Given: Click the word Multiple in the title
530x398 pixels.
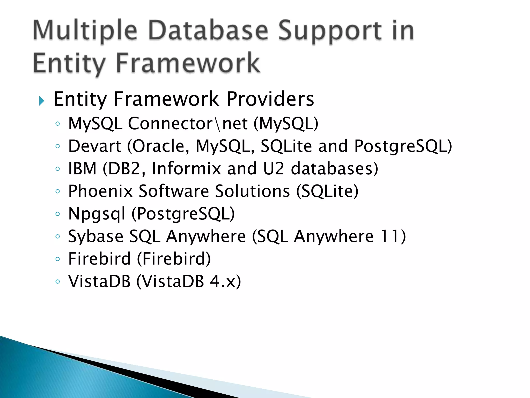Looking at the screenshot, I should pyautogui.click(x=85, y=32).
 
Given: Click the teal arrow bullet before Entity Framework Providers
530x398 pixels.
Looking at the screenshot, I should pyautogui.click(x=41, y=101).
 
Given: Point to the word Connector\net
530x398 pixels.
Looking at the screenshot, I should pyautogui.click(x=188, y=123).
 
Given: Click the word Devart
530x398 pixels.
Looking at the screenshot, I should pyautogui.click(x=94, y=146).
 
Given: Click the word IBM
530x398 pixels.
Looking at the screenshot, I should pyautogui.click(x=82, y=168).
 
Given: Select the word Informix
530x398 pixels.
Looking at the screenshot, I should pyautogui.click(x=186, y=168).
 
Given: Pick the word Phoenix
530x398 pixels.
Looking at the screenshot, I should pyautogui.click(x=100, y=191).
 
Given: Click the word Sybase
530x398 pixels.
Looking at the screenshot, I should pyautogui.click(x=95, y=237).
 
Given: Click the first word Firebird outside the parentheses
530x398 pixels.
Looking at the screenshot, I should pyautogui.click(x=99, y=259).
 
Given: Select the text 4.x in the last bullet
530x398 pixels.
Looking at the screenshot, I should pyautogui.click(x=221, y=281).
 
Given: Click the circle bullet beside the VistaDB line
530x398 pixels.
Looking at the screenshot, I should pyautogui.click(x=58, y=281).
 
